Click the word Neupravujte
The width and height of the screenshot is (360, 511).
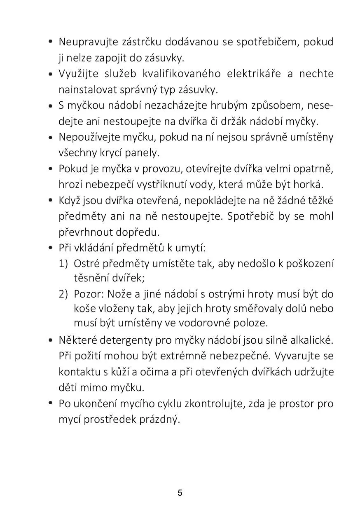84,42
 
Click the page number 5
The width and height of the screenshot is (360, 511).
180,493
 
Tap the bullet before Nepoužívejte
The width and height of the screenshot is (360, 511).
50,138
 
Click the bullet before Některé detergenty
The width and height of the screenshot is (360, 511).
50,341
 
